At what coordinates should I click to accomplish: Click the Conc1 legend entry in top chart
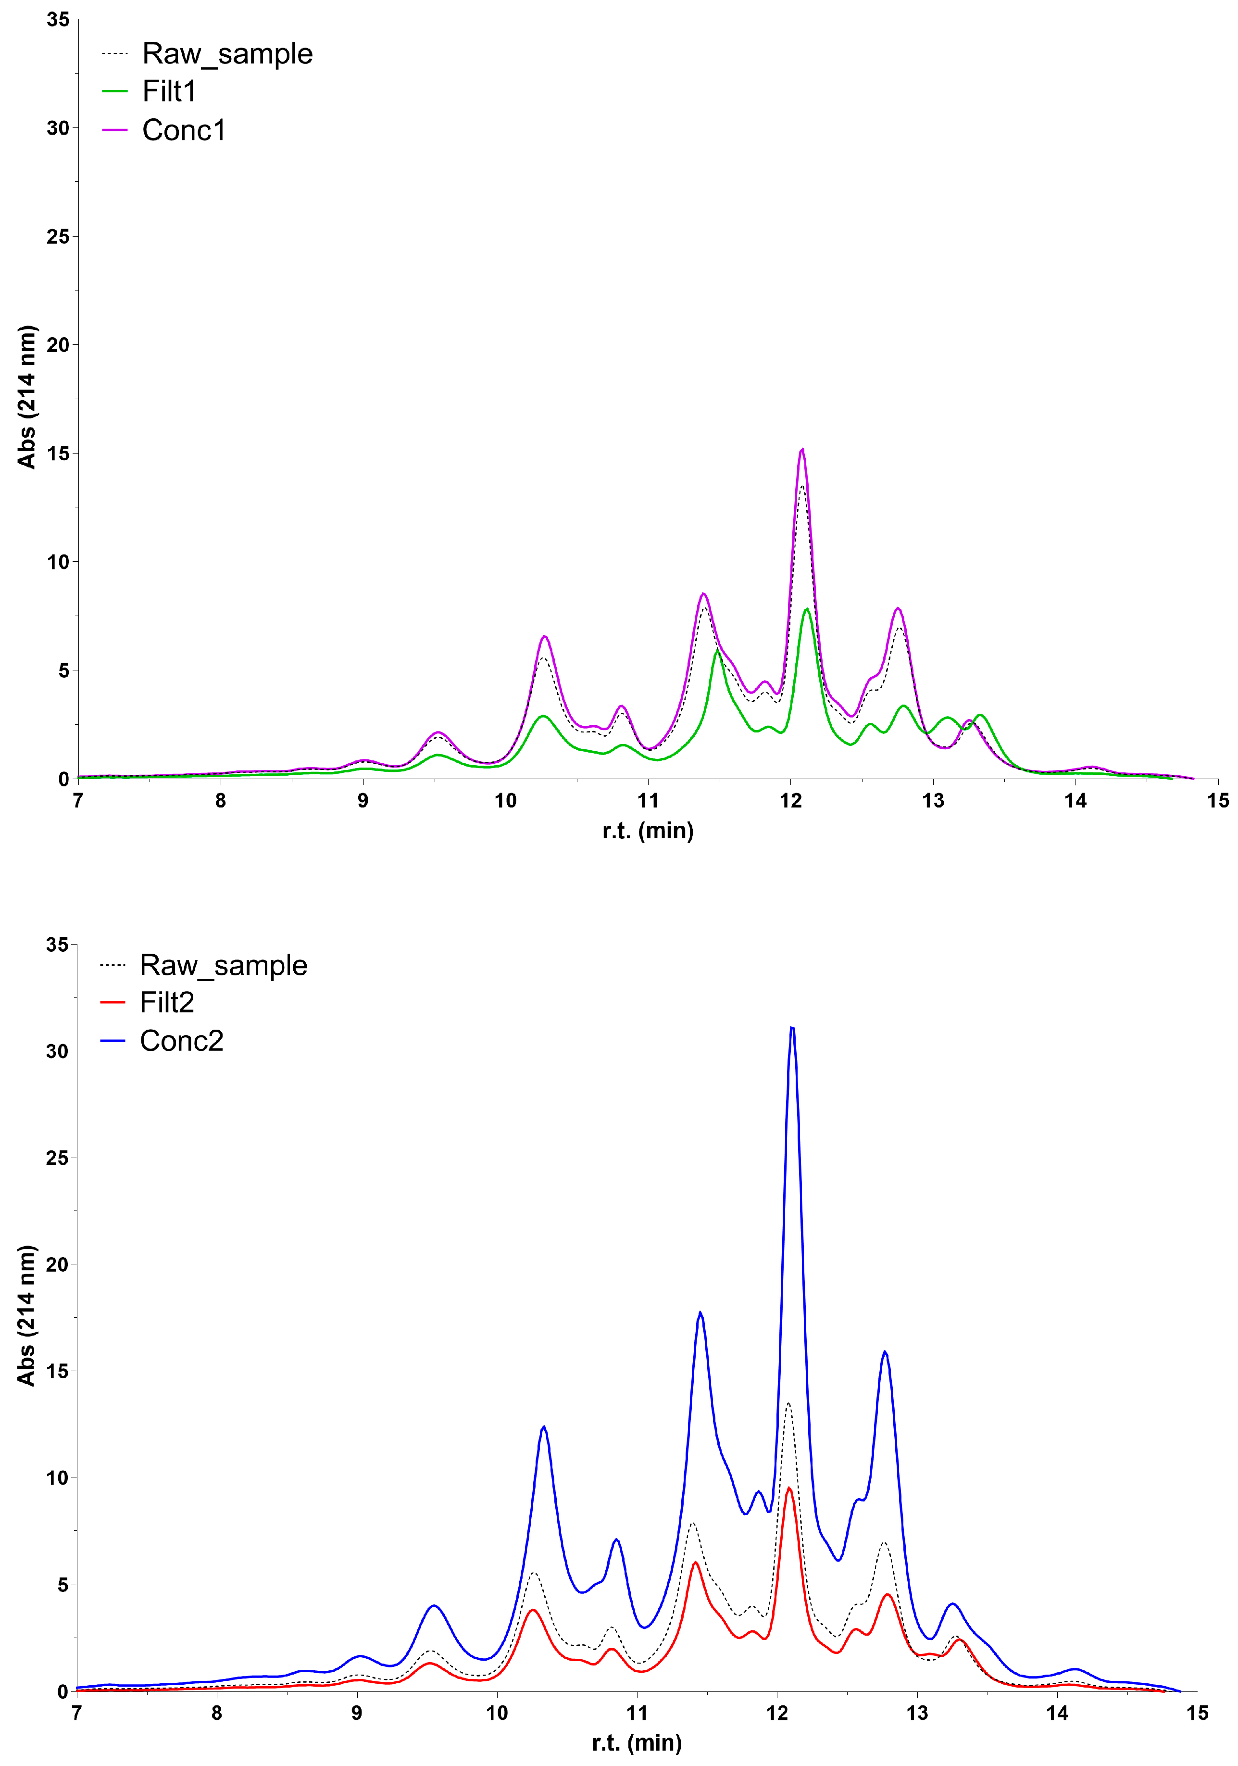(x=184, y=130)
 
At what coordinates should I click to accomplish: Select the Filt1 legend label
(x=169, y=91)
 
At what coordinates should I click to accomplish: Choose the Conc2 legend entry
(x=181, y=1041)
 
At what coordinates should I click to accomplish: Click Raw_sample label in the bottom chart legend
(x=223, y=965)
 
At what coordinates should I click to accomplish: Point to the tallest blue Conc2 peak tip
(x=792, y=1028)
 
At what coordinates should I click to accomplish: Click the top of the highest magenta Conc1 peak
(x=802, y=449)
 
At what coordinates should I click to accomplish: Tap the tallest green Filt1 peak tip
(x=807, y=609)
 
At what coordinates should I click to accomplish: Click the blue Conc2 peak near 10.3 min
(x=544, y=1427)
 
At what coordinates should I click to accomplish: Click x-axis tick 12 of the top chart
(x=790, y=801)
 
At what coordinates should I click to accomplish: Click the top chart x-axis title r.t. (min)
(x=648, y=831)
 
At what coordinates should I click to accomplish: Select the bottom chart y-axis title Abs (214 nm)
(x=26, y=1315)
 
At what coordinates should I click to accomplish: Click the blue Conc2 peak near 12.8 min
(x=885, y=1352)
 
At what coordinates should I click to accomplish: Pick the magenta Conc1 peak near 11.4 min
(x=703, y=594)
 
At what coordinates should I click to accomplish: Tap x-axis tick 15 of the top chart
(x=1217, y=801)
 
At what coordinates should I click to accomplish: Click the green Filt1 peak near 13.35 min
(x=980, y=715)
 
